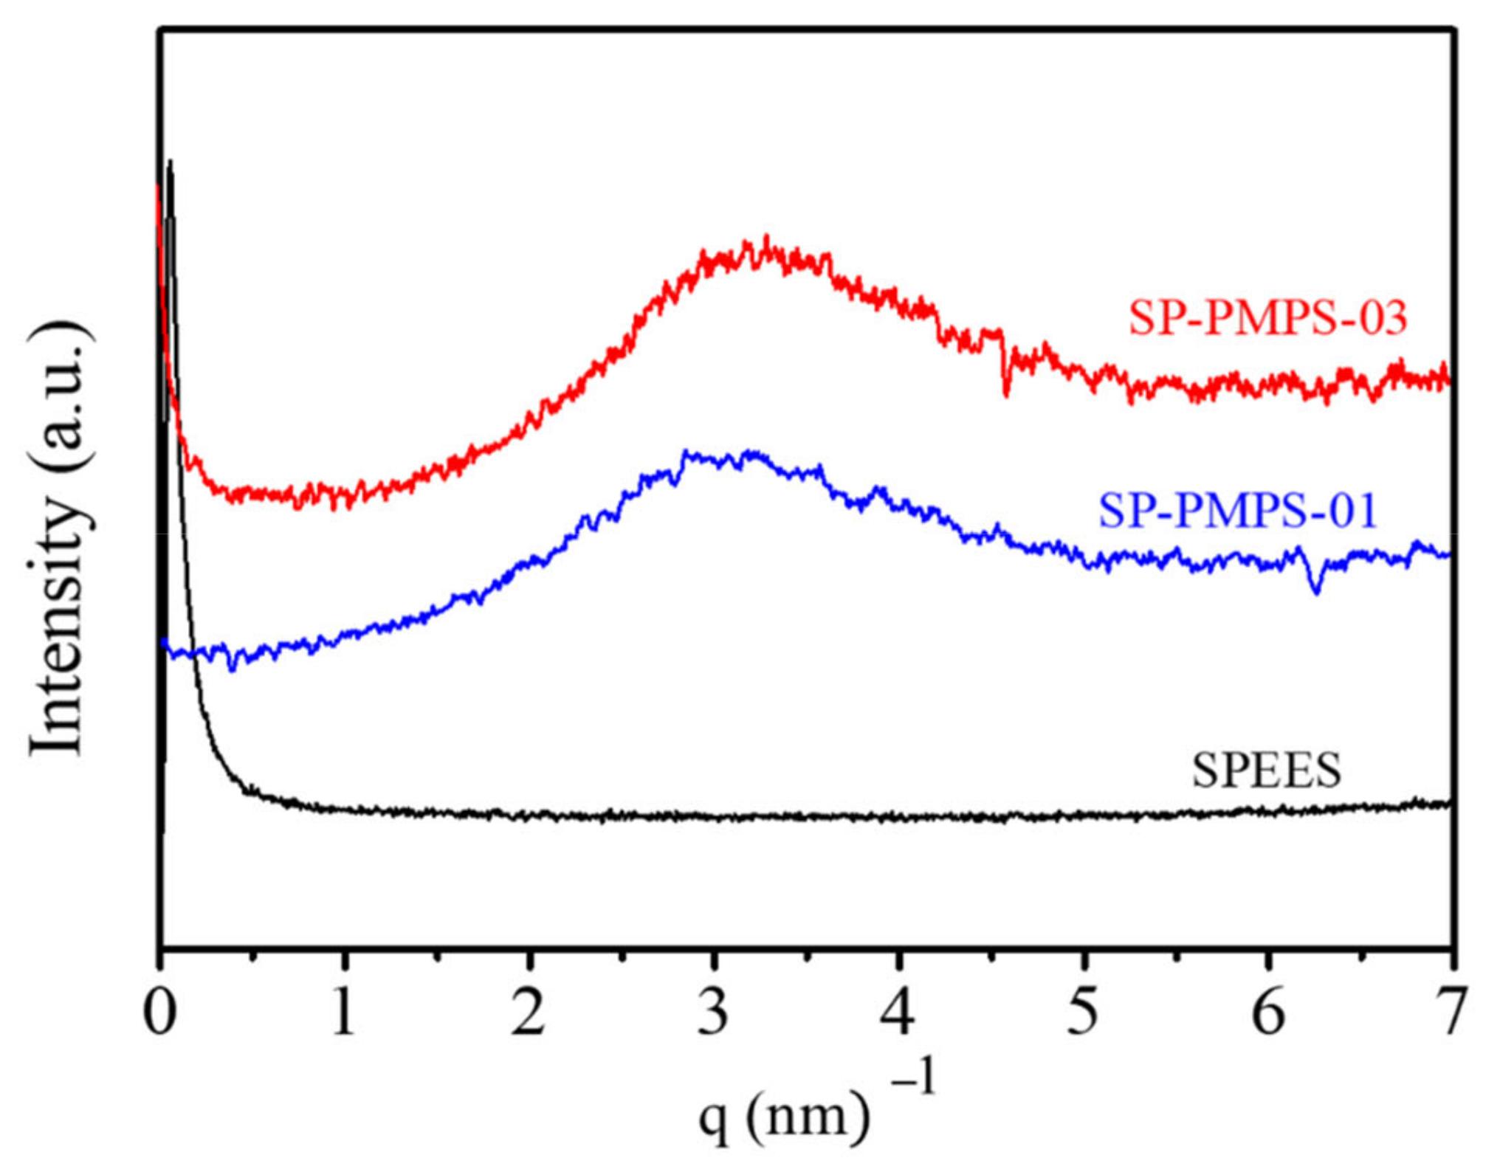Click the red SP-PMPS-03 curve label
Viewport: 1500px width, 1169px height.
[1267, 319]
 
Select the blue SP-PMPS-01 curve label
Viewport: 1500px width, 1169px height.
[1238, 511]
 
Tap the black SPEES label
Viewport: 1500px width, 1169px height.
[1266, 770]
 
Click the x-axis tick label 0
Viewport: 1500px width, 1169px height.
[159, 1013]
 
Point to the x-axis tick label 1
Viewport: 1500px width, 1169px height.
[343, 1013]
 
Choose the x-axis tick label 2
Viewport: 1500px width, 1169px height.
[529, 1013]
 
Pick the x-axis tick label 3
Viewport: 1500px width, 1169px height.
[713, 1013]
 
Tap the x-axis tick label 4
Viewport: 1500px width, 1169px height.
[898, 1013]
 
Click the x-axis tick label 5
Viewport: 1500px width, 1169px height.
[1083, 1013]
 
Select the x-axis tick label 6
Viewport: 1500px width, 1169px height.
[1268, 1013]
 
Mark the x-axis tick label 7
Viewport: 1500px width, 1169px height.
[1452, 1013]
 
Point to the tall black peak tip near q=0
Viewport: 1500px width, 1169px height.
[171, 161]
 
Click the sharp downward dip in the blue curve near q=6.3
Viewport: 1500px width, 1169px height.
[1315, 591]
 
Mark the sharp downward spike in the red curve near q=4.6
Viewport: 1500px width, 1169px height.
[1005, 395]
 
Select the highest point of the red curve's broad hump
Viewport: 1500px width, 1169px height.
[766, 238]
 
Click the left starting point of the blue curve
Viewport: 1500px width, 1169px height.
[164, 642]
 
